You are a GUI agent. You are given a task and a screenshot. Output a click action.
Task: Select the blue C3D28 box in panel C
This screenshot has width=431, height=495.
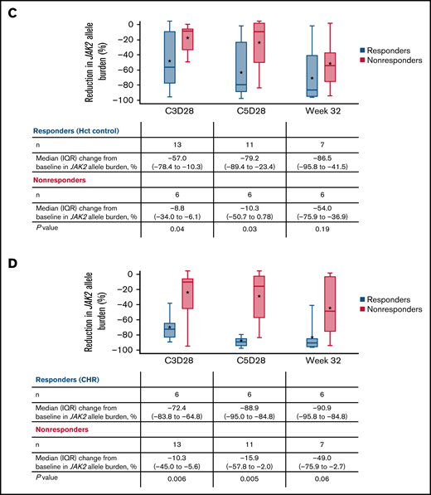tap(169, 56)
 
